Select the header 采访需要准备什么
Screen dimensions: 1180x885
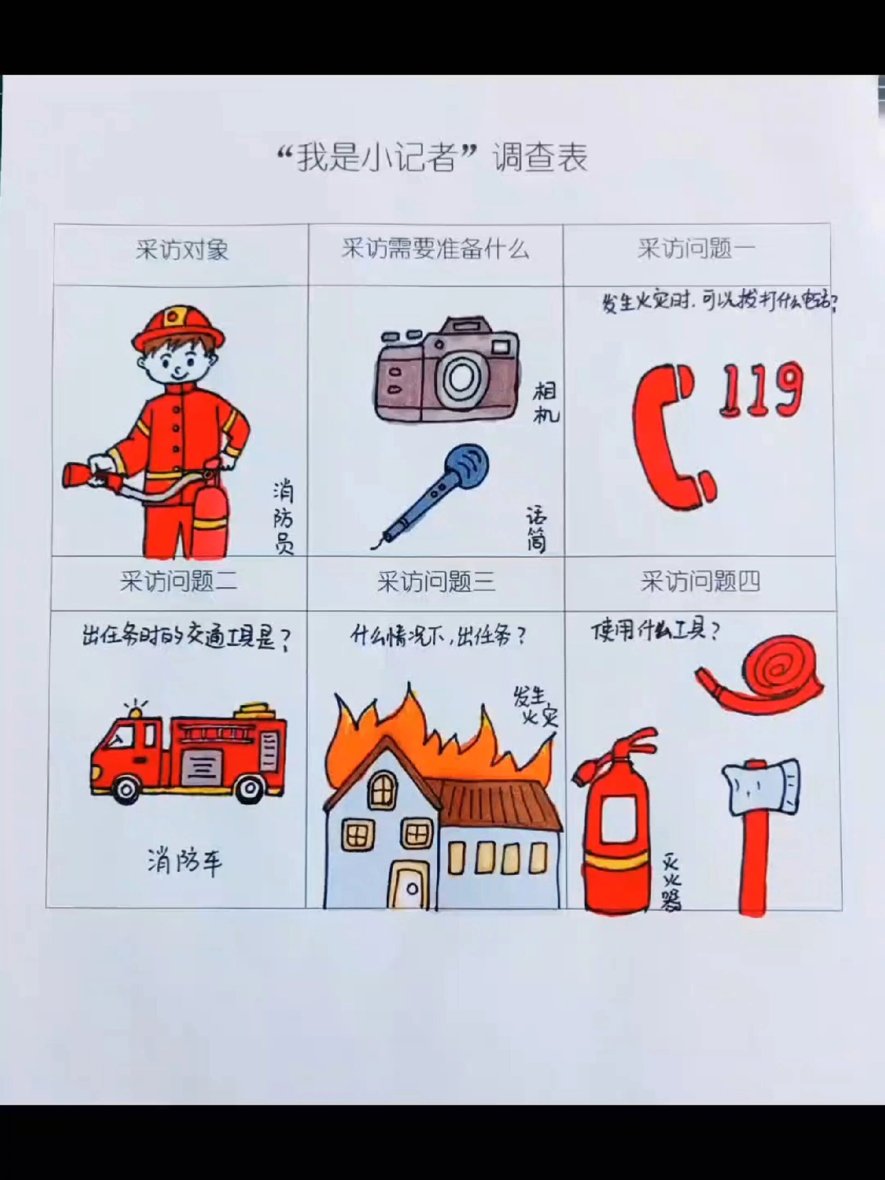click(x=435, y=249)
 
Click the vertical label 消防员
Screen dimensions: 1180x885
click(x=283, y=518)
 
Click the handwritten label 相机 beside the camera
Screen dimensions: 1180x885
click(x=545, y=403)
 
